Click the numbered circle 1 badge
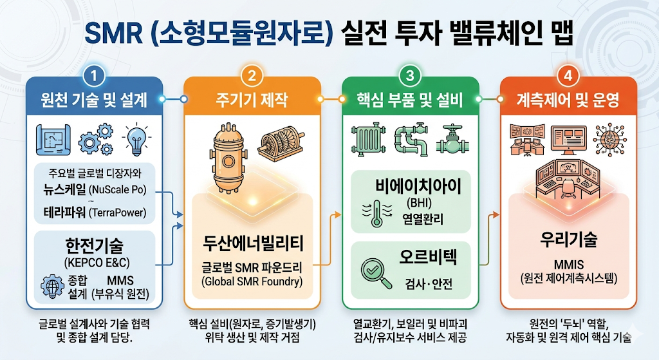click(94, 76)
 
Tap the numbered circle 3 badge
click(410, 76)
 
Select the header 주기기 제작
click(252, 100)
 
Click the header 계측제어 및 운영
click(568, 100)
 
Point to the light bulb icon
click(136, 140)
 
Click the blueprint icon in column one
click(53, 140)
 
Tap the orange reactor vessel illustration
click(228, 157)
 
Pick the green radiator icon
click(369, 140)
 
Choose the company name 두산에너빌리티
click(252, 243)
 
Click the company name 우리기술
click(569, 240)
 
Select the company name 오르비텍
click(428, 256)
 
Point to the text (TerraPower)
click(118, 213)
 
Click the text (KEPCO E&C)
click(97, 263)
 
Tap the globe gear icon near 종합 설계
click(53, 286)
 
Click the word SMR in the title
click(113, 33)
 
